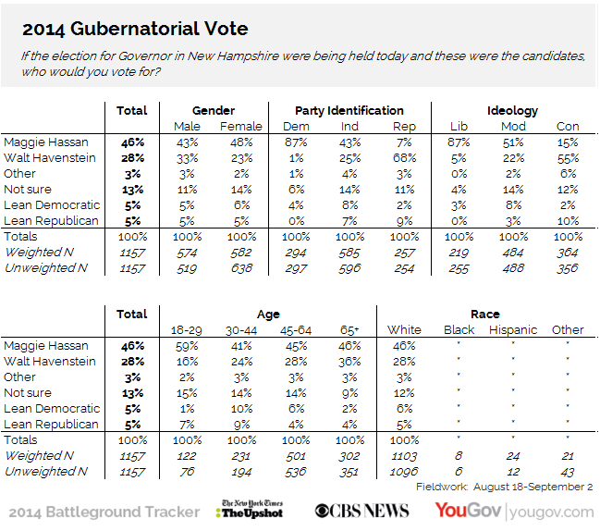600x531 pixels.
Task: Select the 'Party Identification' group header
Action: (349, 110)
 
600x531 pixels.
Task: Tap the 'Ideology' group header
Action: (514, 110)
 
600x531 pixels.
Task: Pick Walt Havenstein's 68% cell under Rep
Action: (404, 158)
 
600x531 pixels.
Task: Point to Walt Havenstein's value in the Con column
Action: (568, 158)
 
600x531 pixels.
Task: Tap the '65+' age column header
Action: (350, 329)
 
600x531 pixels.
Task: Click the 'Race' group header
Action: (485, 314)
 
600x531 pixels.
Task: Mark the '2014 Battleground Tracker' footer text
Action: (104, 512)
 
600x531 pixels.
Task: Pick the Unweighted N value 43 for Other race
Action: (568, 472)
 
